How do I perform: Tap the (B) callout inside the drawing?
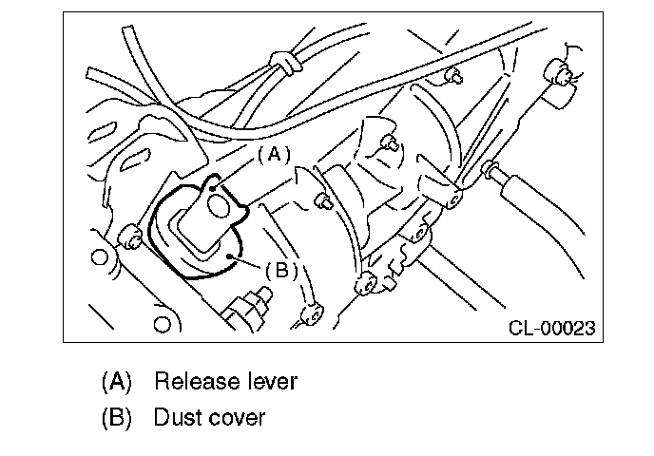tap(279, 270)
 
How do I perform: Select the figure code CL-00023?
tap(551, 329)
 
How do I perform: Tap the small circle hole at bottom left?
tap(163, 325)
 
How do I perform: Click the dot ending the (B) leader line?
tap(232, 256)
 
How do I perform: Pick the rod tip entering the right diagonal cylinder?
tap(491, 172)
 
